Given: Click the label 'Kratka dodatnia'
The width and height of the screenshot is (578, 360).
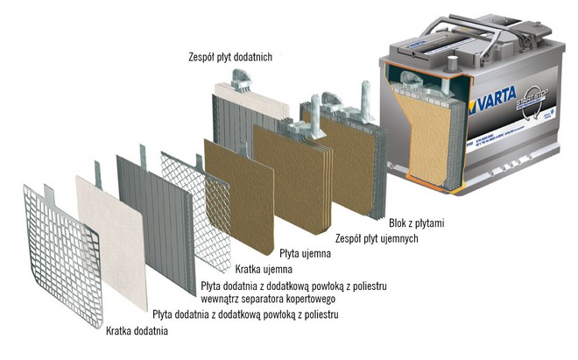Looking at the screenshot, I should tap(137, 332).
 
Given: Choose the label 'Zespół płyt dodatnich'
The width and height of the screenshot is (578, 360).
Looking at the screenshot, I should tap(230, 57).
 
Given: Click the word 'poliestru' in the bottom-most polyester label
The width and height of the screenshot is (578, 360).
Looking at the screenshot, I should tap(318, 313).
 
